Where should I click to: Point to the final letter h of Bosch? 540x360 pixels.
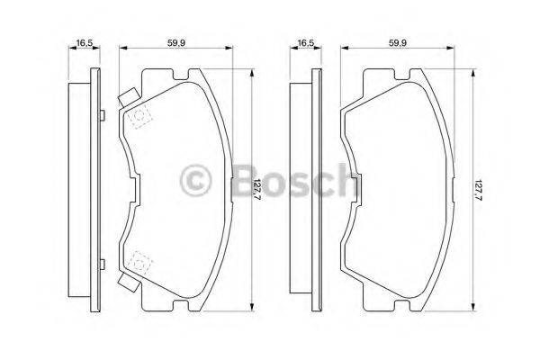pos(343,180)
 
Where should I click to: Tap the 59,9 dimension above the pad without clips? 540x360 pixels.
pos(397,42)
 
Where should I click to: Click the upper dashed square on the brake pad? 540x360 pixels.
pos(139,117)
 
